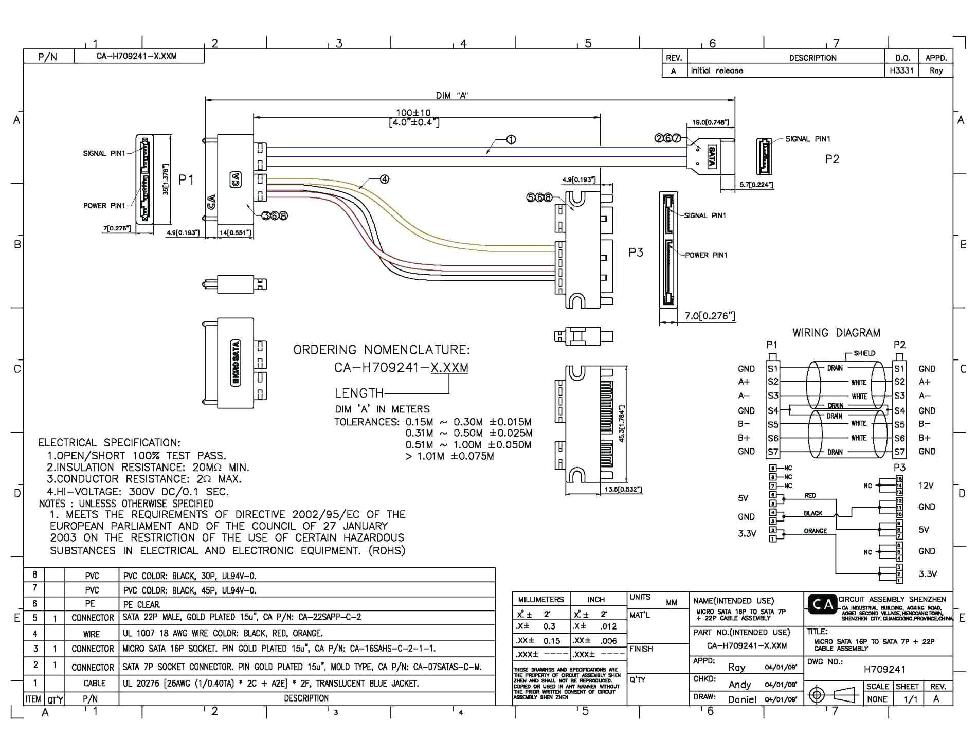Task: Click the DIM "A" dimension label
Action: point(451,95)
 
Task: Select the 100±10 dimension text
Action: point(413,113)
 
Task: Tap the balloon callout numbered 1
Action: point(511,139)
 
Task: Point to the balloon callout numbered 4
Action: point(384,179)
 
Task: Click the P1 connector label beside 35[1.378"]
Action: point(186,179)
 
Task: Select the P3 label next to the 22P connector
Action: point(636,253)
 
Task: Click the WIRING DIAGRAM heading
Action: point(836,333)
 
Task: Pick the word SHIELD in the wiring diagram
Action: point(864,353)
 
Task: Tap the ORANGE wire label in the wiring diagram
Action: point(815,531)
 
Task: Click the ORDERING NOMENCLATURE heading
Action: point(381,350)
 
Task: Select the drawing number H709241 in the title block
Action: point(884,669)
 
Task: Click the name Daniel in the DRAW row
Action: point(742,699)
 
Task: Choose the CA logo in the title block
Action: point(822,604)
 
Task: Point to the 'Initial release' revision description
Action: point(717,70)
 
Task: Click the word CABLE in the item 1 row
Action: point(94,683)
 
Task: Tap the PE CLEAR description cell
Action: point(141,604)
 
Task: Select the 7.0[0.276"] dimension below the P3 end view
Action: point(710,316)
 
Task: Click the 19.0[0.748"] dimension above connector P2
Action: point(710,122)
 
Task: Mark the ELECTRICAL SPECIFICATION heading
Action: point(109,443)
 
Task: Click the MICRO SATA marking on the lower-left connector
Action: point(236,363)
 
